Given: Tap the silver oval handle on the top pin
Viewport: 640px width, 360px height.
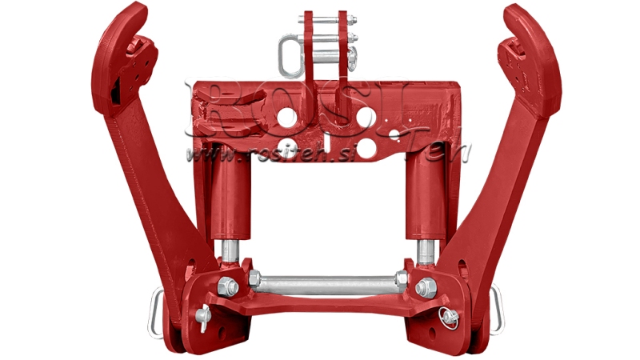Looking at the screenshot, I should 290,52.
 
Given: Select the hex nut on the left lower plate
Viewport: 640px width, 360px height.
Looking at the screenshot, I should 227,286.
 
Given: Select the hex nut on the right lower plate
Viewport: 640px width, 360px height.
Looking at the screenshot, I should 426,287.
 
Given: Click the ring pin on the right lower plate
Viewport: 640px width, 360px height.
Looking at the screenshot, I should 450,318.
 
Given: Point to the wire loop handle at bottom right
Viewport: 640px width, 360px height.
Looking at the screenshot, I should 498,307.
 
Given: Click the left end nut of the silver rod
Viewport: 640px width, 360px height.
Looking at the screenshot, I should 254,280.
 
